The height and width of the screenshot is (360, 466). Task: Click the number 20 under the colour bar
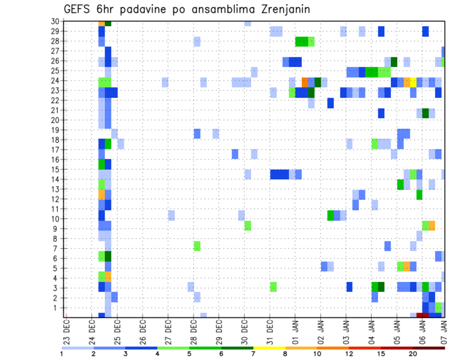coord(413,354)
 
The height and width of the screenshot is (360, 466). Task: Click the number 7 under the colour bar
coord(253,354)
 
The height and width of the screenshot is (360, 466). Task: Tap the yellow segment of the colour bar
coord(269,347)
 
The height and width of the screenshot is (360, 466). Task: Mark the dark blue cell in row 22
coord(330,103)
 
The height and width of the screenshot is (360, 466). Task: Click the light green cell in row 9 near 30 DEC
coord(248,226)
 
